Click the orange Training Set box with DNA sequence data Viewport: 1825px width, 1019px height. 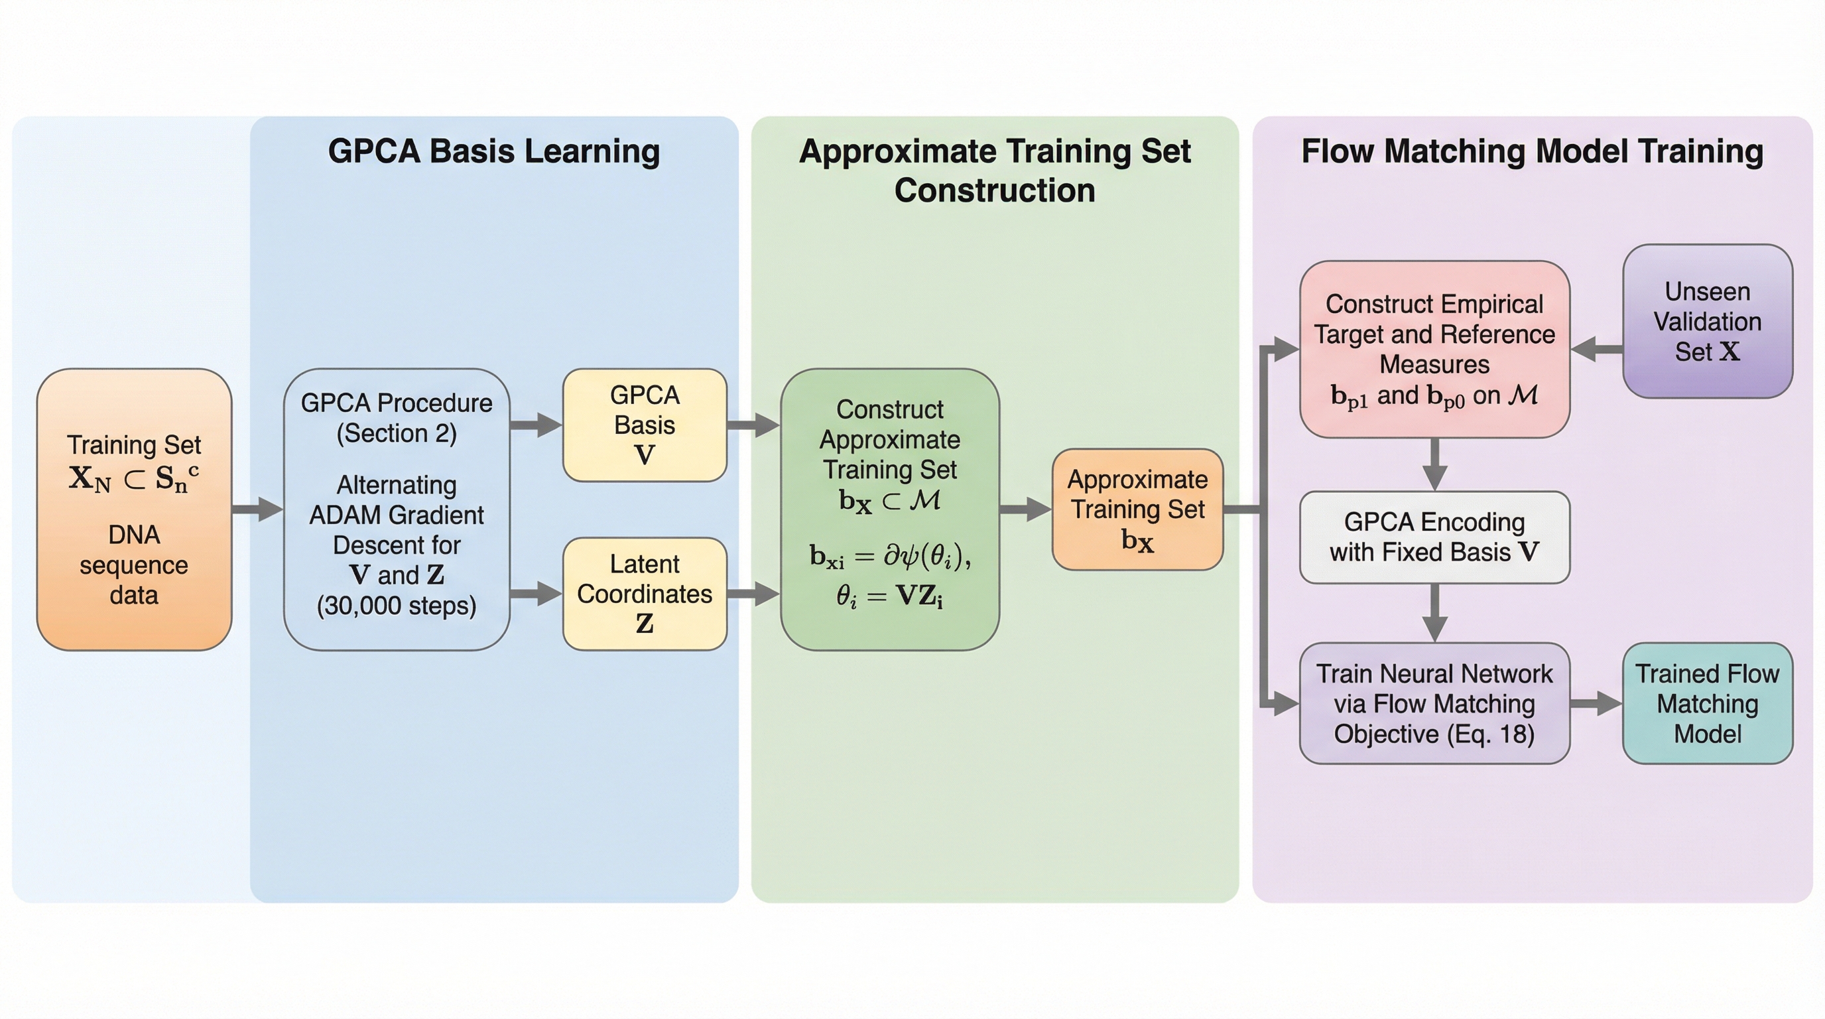tap(134, 509)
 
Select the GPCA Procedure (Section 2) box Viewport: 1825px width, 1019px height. tap(396, 509)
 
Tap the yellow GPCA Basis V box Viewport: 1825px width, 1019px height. tap(644, 425)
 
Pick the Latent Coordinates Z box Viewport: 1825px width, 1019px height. tap(644, 593)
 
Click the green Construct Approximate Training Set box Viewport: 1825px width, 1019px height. tap(889, 509)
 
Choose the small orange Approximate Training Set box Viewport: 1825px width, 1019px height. tap(1137, 509)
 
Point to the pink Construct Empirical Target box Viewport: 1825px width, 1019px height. tap(1434, 349)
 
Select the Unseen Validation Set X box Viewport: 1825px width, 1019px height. tap(1707, 321)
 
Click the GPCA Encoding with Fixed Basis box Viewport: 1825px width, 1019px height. tap(1434, 537)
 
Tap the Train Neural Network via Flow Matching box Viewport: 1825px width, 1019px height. tap(1434, 703)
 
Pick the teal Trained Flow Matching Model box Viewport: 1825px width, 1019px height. tap(1707, 703)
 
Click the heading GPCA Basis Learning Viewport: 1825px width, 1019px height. tap(494, 151)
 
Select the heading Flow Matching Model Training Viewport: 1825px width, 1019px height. tap(1532, 151)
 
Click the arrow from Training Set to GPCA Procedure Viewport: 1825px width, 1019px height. tap(257, 509)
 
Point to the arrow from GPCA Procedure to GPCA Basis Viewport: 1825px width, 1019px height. tap(536, 425)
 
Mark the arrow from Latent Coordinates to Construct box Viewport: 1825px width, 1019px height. tap(753, 593)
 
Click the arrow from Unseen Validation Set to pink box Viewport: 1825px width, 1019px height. tap(1597, 349)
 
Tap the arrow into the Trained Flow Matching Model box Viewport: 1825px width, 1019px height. tap(1596, 703)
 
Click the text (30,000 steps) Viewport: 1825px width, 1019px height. tap(396, 605)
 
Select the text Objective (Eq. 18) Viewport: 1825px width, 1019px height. tap(1434, 734)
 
